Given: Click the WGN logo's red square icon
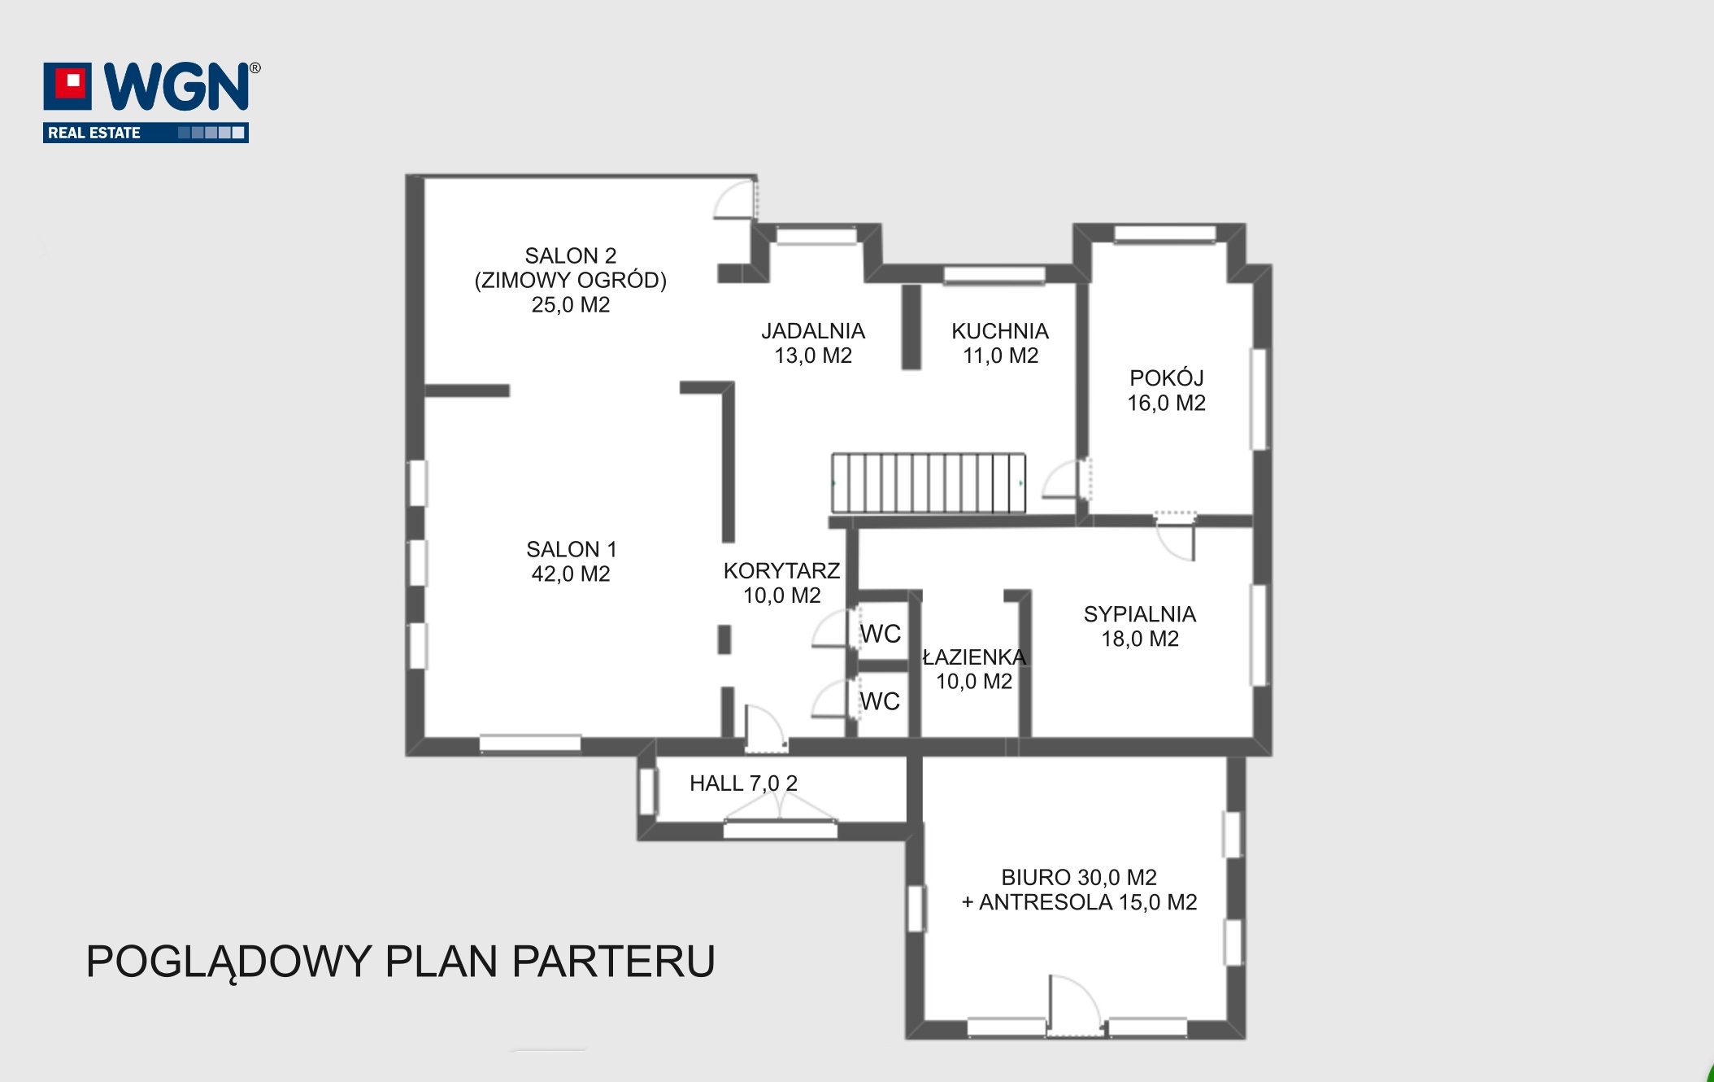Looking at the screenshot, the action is [67, 85].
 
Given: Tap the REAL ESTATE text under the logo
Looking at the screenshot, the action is [94, 133].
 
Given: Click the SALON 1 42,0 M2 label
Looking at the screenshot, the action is [571, 561].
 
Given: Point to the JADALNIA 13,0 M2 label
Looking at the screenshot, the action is [813, 343].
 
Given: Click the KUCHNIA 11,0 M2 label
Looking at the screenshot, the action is [1000, 343].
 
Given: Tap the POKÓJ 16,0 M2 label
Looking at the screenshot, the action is [1166, 390].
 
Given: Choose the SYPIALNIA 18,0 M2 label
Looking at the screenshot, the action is [1140, 626].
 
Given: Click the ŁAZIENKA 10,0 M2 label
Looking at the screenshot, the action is [974, 669].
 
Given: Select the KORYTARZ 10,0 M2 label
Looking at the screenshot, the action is [781, 582].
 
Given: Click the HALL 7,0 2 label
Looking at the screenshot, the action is [743, 783].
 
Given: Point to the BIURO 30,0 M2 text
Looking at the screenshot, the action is [1079, 878].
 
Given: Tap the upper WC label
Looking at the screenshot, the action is [881, 634].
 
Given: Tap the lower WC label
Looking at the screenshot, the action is [880, 701].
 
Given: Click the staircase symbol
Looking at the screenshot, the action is [928, 483].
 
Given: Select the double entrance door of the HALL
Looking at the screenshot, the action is [780, 808].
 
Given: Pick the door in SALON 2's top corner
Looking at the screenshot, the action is [736, 199].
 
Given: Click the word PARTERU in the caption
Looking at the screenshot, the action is [614, 962].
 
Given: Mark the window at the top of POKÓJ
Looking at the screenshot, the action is [1164, 234].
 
